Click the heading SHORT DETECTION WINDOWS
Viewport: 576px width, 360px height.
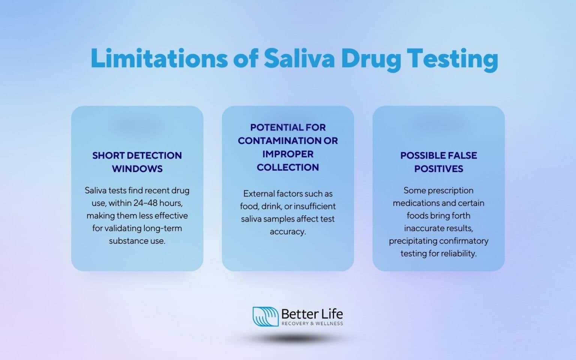(x=137, y=162)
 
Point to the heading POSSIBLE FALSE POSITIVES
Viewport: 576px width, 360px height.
(x=438, y=162)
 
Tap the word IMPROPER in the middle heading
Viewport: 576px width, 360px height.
(x=288, y=154)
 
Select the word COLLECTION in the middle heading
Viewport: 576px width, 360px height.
(x=288, y=167)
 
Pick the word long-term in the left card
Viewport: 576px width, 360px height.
(x=163, y=228)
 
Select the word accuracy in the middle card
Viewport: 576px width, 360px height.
(x=287, y=232)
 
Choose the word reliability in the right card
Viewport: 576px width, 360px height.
(x=459, y=253)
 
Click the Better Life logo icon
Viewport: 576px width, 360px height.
(x=265, y=316)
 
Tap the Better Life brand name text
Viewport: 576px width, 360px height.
(x=312, y=313)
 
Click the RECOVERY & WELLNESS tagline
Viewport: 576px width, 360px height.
(x=312, y=323)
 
